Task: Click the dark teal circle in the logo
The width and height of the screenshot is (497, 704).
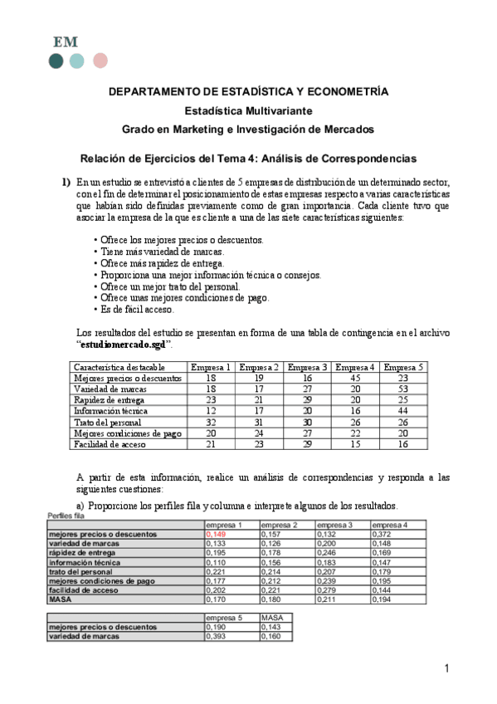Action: coord(56,61)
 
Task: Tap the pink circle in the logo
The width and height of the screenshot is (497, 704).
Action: coord(100,61)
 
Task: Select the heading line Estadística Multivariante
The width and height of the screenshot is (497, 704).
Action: coord(248,110)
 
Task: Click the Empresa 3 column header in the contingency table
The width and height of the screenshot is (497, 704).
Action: coord(308,367)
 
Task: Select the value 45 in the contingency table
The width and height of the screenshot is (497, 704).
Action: coord(356,378)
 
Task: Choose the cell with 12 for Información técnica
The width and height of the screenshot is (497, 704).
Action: coord(211,411)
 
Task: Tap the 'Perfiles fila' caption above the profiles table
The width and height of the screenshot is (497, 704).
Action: coord(68,516)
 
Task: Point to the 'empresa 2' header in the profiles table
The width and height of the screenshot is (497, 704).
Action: coord(279,526)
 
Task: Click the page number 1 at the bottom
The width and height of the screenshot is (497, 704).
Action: coord(446,669)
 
